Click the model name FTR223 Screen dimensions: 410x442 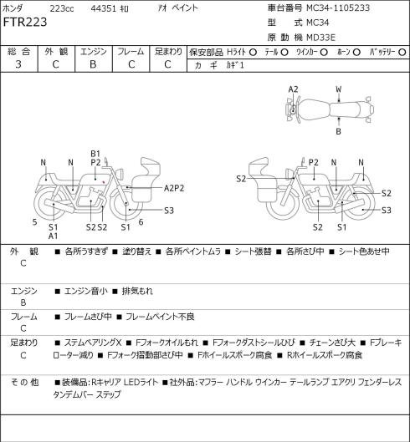(x=25, y=23)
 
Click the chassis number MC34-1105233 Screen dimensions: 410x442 (x=338, y=8)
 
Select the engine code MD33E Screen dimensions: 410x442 (x=321, y=38)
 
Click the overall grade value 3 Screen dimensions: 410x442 (x=18, y=64)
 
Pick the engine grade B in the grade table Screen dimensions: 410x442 (x=93, y=64)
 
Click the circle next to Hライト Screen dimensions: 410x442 (x=253, y=52)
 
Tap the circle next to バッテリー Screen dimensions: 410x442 (x=402, y=52)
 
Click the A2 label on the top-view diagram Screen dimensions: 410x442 (x=293, y=89)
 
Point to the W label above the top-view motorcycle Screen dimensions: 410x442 (x=339, y=89)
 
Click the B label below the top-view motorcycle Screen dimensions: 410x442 (x=338, y=131)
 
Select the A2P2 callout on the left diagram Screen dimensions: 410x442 (x=174, y=188)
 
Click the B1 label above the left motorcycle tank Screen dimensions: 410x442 (x=95, y=154)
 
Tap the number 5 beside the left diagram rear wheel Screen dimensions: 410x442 (x=35, y=222)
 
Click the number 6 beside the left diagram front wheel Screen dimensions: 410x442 (x=141, y=222)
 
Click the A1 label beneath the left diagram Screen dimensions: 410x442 (x=53, y=236)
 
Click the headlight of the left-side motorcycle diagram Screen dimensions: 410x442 (x=120, y=173)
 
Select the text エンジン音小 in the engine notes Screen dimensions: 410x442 (x=86, y=291)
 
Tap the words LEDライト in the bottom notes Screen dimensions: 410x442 (x=141, y=383)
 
